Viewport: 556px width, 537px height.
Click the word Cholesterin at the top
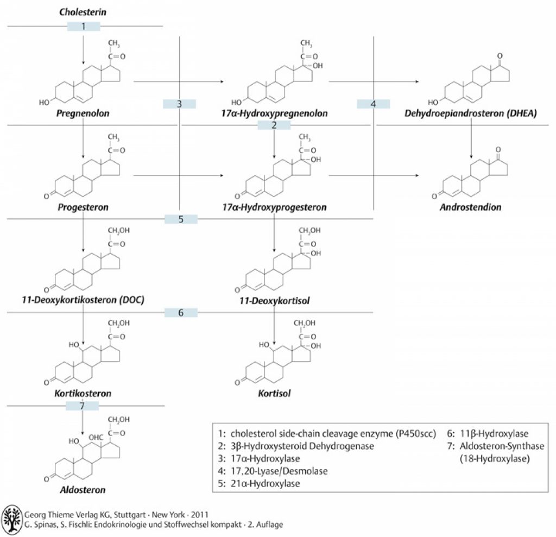coord(83,11)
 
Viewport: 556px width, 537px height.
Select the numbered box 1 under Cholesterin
coord(84,26)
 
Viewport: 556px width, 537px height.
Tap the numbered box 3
coord(179,104)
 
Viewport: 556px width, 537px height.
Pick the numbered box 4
coord(374,104)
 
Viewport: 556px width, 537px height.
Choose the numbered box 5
coord(181,219)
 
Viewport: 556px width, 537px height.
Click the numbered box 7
coord(82,405)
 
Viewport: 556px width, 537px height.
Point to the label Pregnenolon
coord(83,114)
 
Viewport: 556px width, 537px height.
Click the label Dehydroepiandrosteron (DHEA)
coord(471,114)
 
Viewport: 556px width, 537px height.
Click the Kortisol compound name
coord(274,393)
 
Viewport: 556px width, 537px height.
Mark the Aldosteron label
coord(83,489)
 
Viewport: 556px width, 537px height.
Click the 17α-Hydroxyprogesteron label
coord(274,207)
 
